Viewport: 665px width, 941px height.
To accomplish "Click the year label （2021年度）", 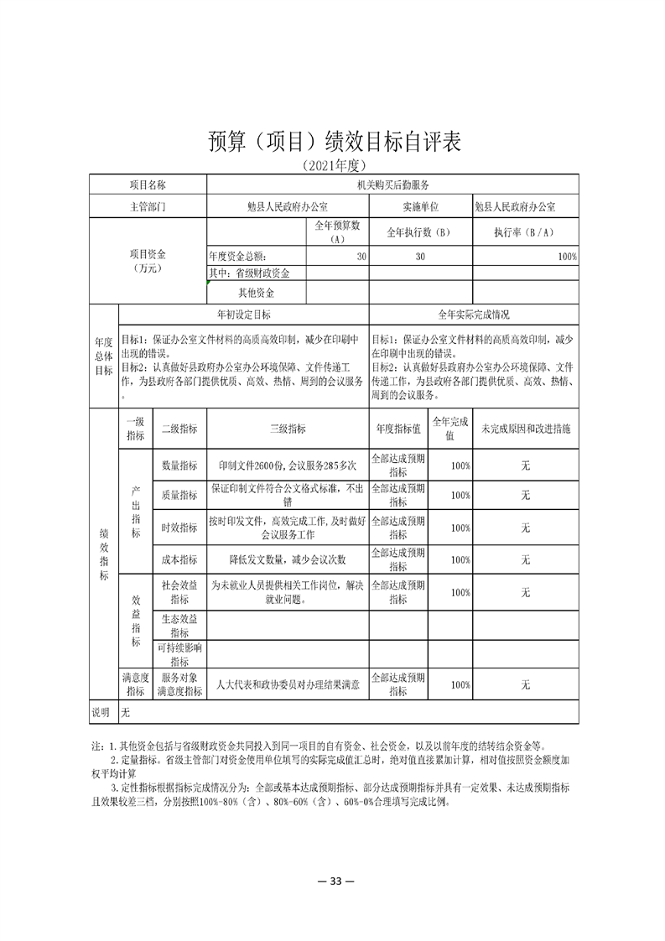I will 334,166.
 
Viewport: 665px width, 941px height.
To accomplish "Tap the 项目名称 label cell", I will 147,185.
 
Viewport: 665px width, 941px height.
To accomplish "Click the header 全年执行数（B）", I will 420,232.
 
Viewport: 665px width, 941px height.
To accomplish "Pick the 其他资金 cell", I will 257,293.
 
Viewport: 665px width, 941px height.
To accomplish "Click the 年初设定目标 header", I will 243,315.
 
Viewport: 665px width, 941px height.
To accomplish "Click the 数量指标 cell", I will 179,465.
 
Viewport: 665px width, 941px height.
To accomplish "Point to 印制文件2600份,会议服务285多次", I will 288,465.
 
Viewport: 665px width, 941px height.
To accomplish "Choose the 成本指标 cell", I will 179,559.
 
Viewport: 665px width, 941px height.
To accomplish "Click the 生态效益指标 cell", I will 179,625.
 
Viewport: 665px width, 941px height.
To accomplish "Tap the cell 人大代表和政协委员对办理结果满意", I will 288,684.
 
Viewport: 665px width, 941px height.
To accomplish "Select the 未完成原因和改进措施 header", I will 526,429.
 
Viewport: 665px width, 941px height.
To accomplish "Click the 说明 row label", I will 101,712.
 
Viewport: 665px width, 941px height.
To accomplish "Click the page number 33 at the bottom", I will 333,881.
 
